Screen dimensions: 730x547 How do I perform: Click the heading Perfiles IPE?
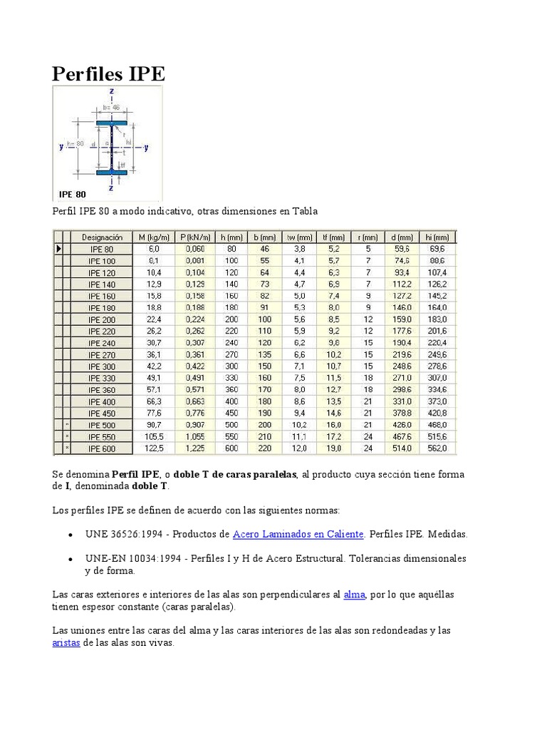[x=109, y=73]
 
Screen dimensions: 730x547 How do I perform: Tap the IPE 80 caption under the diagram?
[x=73, y=193]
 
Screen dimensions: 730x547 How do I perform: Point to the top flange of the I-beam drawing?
[x=112, y=123]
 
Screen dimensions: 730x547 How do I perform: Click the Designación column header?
[x=102, y=237]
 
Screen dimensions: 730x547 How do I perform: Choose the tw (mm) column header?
[x=300, y=237]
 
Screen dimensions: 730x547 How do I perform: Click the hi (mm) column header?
[x=436, y=237]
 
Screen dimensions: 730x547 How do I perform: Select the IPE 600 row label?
[x=102, y=448]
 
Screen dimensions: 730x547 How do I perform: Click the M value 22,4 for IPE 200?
[x=154, y=319]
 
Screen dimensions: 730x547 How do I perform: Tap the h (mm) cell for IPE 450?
[x=231, y=412]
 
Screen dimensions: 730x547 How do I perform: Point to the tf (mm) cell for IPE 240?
[x=333, y=342]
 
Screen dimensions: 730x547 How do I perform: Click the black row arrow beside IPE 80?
[x=58, y=249]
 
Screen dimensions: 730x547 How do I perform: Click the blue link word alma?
[x=354, y=595]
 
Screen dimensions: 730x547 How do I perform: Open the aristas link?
[x=66, y=643]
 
